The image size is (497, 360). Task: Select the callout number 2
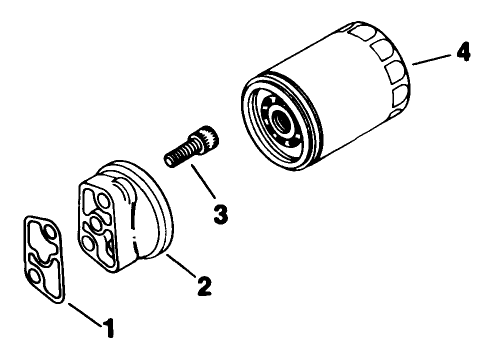point(204,286)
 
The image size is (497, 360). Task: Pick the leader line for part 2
point(179,267)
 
